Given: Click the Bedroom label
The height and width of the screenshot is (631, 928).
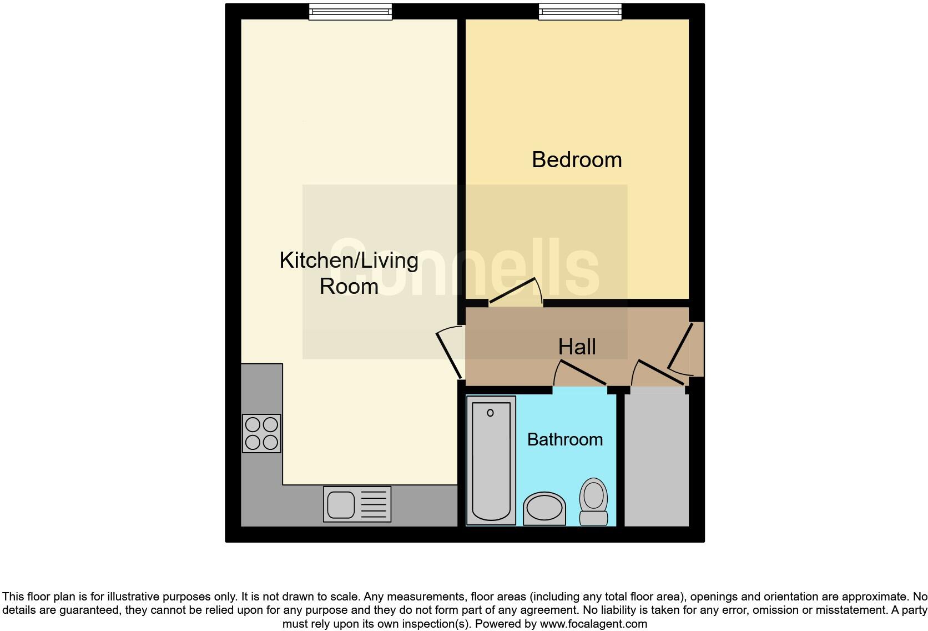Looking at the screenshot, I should point(577,160).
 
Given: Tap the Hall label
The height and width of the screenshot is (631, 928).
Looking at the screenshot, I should point(577,347).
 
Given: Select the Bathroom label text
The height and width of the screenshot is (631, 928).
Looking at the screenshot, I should point(564,439).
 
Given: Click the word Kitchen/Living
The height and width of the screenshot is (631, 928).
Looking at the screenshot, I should point(349,261).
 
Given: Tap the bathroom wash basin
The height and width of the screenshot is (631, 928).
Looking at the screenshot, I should point(544,508).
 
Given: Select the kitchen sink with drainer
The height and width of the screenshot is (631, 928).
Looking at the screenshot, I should point(357,504).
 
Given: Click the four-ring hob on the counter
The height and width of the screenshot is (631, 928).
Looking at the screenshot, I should point(261,433).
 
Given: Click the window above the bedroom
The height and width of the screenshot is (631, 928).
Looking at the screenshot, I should point(580,11).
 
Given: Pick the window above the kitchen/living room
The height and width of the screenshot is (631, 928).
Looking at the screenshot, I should point(350,11).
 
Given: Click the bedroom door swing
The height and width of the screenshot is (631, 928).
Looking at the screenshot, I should point(515,292).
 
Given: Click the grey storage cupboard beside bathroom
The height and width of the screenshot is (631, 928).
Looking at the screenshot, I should point(657,461).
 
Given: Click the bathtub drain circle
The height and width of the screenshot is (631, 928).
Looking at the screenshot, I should point(490,413).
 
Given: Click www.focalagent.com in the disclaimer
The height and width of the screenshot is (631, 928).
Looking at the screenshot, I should point(593,624).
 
